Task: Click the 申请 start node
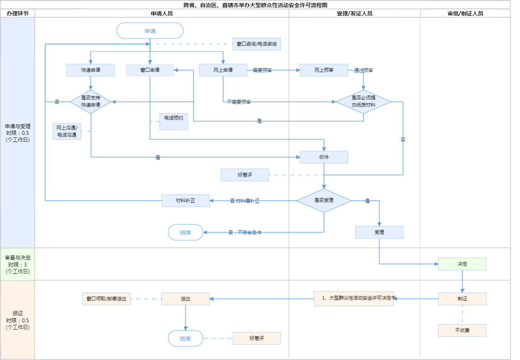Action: (150, 30)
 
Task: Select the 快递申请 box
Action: (91, 70)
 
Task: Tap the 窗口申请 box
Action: (150, 70)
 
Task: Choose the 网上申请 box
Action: (223, 70)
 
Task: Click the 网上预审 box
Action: (324, 70)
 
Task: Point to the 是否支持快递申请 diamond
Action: (91, 102)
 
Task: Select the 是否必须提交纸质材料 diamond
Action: (363, 102)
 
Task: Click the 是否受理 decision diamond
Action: (324, 201)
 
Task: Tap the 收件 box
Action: (324, 157)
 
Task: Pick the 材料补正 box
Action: (185, 201)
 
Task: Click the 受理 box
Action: (379, 232)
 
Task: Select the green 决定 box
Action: (462, 264)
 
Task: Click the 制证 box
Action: (462, 299)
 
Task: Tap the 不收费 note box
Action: (462, 330)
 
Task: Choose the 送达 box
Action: (185, 299)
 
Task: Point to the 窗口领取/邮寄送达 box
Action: (106, 299)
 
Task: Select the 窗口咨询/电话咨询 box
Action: (257, 44)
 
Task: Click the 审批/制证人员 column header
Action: (465, 13)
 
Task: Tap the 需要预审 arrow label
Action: (262, 70)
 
